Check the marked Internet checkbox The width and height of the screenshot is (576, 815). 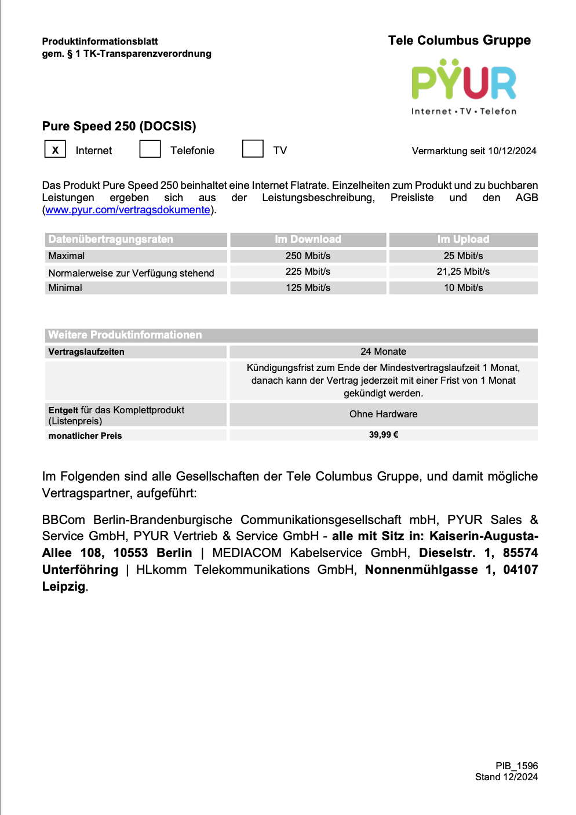tap(55, 150)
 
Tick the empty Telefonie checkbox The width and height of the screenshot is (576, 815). tap(150, 149)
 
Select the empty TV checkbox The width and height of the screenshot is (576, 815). tap(253, 149)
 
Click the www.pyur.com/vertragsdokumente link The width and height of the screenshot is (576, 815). tap(127, 210)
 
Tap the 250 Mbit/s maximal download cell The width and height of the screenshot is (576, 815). tap(308, 256)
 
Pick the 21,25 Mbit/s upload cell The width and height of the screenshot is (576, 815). tap(463, 271)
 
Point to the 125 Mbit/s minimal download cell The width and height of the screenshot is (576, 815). tap(308, 288)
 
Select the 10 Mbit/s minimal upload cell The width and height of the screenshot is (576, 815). tap(463, 288)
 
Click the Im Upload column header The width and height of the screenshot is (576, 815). tap(463, 239)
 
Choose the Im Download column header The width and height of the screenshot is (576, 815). tap(308, 239)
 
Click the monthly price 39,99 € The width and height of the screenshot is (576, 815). tap(383, 435)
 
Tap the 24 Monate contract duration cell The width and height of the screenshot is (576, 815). tap(383, 351)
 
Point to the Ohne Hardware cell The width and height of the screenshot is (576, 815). tap(383, 414)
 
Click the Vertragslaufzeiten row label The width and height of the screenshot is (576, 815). tap(86, 352)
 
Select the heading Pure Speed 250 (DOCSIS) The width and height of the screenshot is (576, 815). tap(119, 126)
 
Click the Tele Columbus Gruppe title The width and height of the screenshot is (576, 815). tap(459, 41)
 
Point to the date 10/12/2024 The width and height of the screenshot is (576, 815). tap(512, 151)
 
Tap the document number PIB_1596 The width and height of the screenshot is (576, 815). tap(516, 766)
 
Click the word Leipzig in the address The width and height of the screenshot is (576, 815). tap(64, 587)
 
